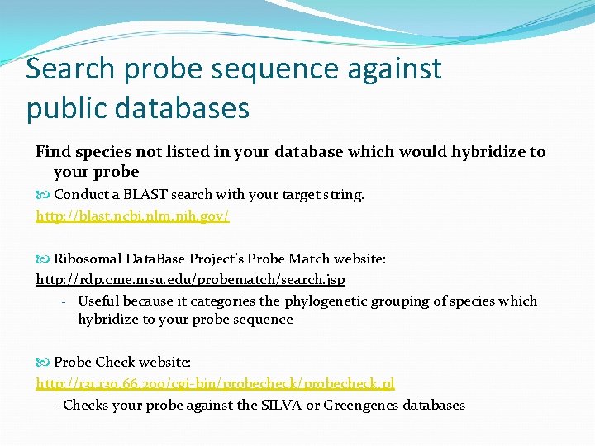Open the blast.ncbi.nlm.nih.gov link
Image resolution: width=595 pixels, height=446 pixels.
click(x=132, y=216)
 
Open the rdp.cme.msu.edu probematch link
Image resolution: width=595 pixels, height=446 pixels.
click(x=190, y=280)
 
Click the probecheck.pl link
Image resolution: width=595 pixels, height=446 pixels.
click(x=215, y=384)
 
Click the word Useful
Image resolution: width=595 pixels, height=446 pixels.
click(x=99, y=301)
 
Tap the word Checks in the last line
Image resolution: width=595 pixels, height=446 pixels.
click(x=85, y=406)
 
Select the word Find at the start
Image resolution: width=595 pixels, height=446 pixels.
click(x=53, y=152)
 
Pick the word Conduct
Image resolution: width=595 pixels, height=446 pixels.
click(x=81, y=195)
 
